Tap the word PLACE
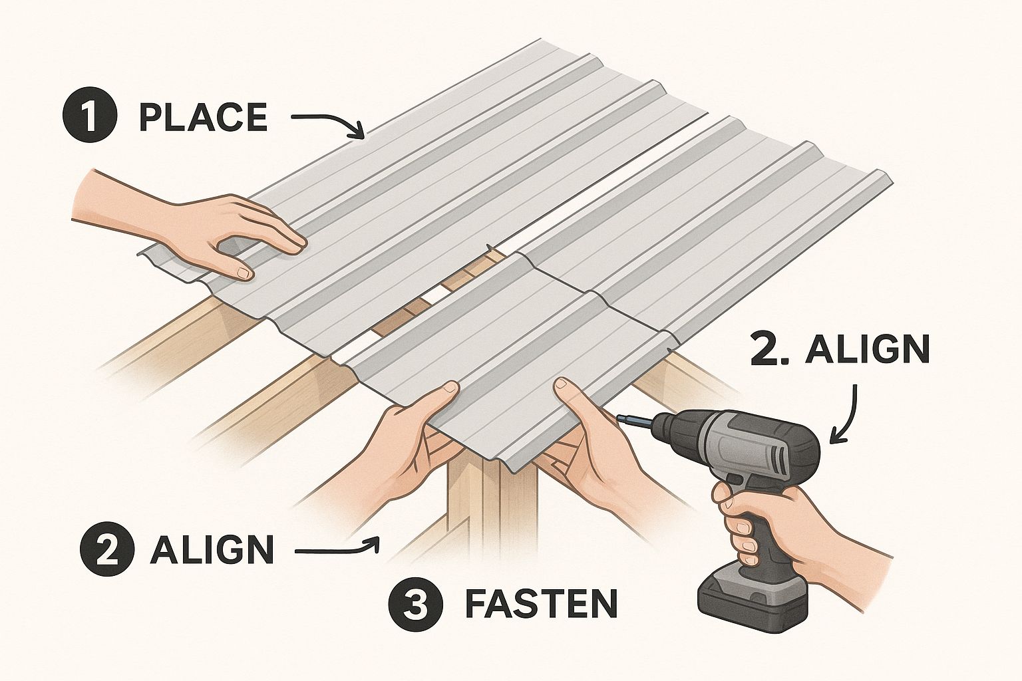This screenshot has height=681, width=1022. [x=203, y=118]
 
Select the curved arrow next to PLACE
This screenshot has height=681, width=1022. [x=329, y=123]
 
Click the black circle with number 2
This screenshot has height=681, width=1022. [x=106, y=551]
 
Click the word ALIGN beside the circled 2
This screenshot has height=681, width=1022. [x=212, y=551]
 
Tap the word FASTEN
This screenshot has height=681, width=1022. [x=541, y=604]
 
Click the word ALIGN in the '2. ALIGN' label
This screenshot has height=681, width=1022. [x=866, y=350]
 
